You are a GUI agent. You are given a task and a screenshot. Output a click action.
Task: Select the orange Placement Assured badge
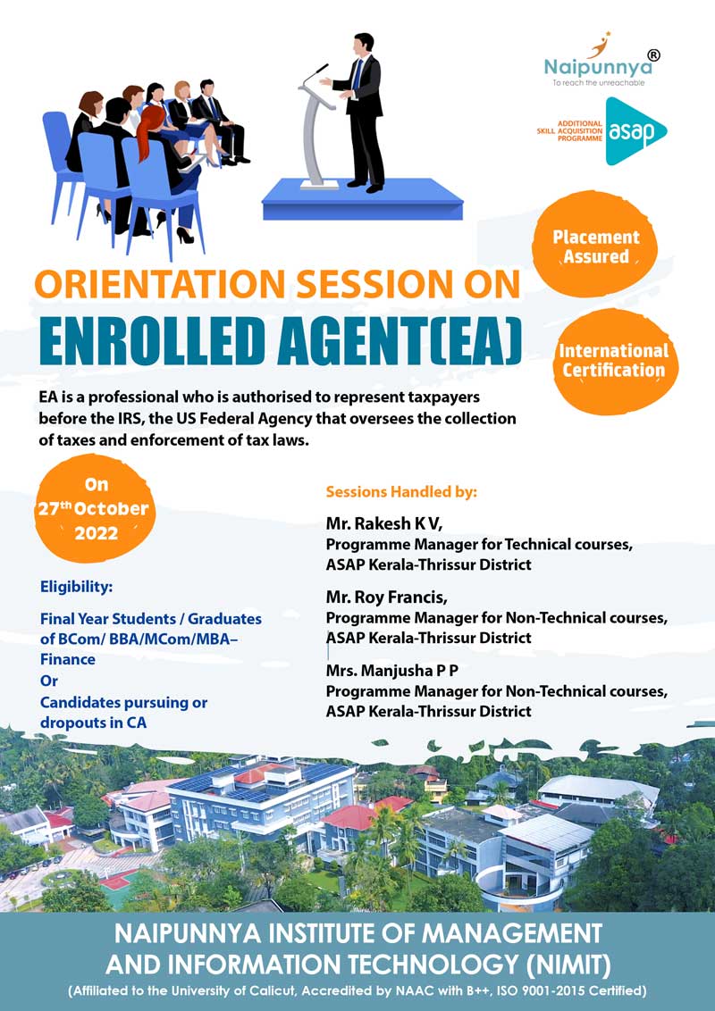(595, 246)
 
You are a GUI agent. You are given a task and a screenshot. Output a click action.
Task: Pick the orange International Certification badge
(613, 361)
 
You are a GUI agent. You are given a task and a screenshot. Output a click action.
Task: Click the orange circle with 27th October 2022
(96, 508)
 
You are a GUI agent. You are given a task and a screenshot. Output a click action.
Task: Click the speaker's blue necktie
(357, 74)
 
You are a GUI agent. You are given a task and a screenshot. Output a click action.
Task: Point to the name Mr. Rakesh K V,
(384, 523)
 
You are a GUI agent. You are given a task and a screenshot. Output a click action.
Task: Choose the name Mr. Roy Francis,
(386, 597)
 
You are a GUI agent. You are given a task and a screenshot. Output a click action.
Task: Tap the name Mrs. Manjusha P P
(392, 671)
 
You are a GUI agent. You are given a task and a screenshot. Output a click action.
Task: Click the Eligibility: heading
(76, 587)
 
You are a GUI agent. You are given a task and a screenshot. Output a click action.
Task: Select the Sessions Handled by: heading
(401, 492)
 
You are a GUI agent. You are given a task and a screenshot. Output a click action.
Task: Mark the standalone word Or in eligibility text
(49, 681)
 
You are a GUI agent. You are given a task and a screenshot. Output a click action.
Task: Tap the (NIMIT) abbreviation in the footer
(568, 965)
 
